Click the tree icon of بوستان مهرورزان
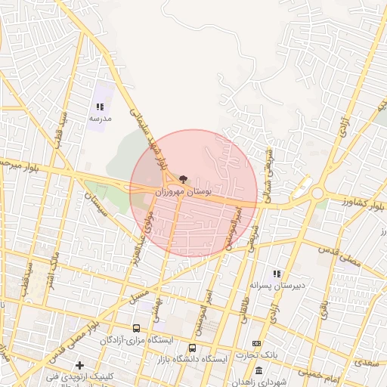(x=182, y=179)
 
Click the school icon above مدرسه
(x=100, y=107)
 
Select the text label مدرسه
(x=100, y=119)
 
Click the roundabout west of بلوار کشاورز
(x=317, y=193)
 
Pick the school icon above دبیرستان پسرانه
(x=277, y=274)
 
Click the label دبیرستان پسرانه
(x=277, y=286)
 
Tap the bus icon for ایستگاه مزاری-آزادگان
(x=136, y=329)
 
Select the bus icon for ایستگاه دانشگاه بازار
(x=192, y=348)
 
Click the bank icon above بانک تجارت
(x=256, y=344)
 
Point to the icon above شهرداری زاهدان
(x=259, y=370)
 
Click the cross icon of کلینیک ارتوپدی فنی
(x=79, y=366)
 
